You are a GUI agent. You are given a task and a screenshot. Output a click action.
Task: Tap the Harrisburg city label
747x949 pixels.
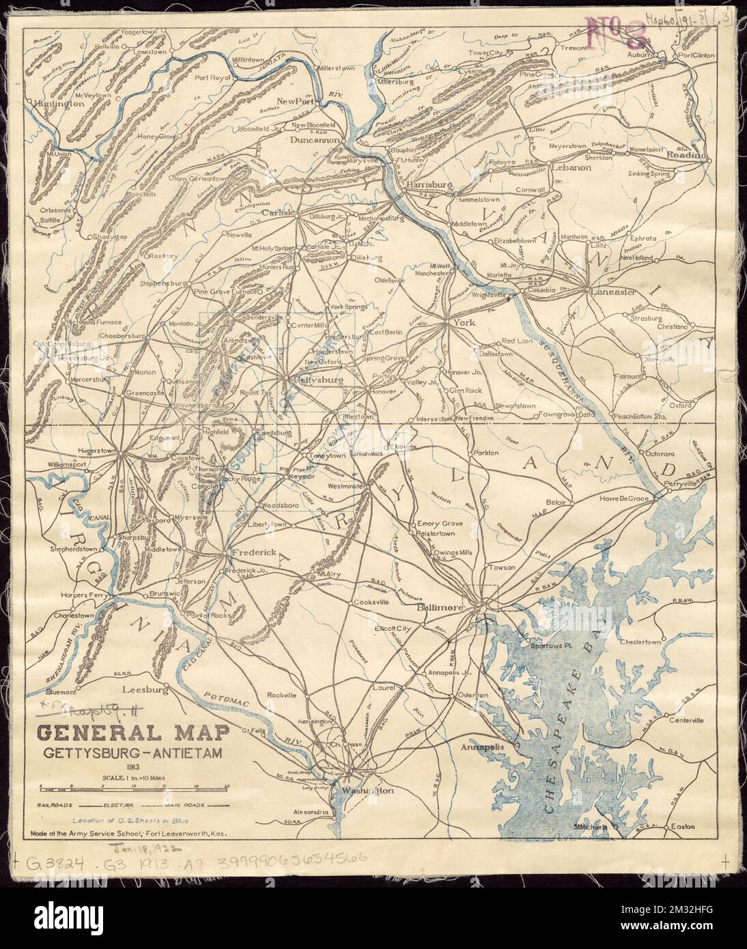(x=430, y=185)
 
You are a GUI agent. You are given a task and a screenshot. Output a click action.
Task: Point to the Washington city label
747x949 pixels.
(x=369, y=790)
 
